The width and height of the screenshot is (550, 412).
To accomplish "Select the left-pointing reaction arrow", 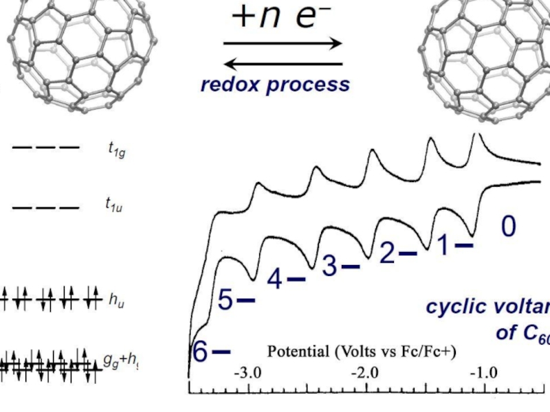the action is tap(283, 65).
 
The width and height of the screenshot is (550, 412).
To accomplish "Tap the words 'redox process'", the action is tap(275, 84).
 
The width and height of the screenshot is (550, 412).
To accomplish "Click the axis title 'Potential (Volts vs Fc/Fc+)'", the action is tap(362, 352).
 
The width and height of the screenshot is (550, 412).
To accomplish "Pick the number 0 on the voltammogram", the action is tap(507, 227).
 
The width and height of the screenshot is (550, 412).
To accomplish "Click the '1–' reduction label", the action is tap(454, 244).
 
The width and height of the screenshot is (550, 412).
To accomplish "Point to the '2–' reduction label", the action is tap(398, 253).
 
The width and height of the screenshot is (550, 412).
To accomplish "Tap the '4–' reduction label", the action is tap(286, 279).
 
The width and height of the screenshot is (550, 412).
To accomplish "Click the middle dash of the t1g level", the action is tap(46, 147).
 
